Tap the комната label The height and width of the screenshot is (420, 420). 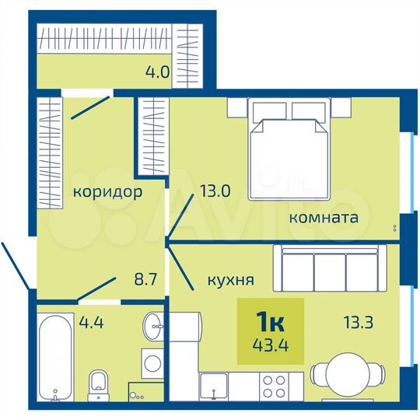tap(324, 218)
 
